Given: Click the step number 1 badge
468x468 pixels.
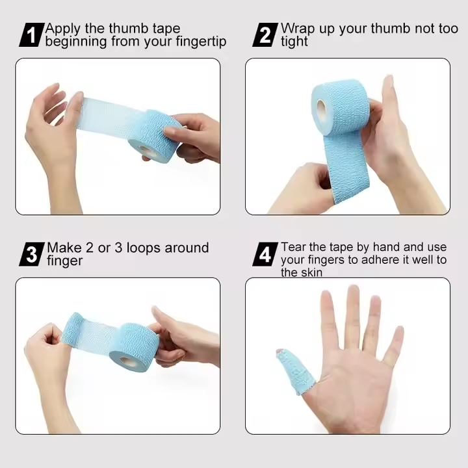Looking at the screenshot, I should click(x=31, y=34).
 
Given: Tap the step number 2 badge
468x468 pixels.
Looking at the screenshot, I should click(x=265, y=34).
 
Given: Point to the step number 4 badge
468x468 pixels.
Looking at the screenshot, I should click(x=265, y=254).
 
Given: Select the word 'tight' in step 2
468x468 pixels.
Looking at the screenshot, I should click(x=294, y=42).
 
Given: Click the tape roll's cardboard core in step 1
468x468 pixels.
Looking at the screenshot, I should click(x=148, y=151).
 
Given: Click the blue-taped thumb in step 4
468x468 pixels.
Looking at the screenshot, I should click(x=291, y=370).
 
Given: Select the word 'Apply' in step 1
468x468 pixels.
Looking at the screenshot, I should click(x=63, y=29).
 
